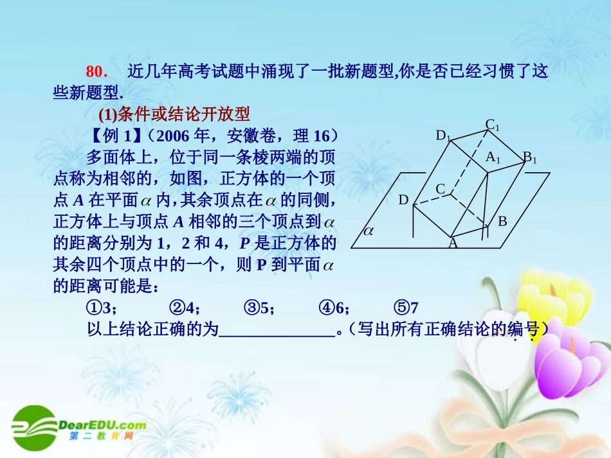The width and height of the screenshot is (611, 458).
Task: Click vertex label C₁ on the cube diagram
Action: pyautogui.click(x=493, y=125)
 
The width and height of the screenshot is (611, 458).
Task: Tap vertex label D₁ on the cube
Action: pyautogui.click(x=444, y=136)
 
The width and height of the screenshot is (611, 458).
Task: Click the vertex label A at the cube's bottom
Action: pyautogui.click(x=453, y=243)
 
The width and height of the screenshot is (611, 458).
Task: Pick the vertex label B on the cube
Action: pyautogui.click(x=502, y=222)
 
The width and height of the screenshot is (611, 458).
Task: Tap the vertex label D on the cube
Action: pyautogui.click(x=403, y=200)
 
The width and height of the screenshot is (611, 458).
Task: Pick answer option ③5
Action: pyautogui.click(x=259, y=308)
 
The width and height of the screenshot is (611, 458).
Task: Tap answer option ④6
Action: pyautogui.click(x=334, y=308)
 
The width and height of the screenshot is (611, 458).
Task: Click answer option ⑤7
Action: pyautogui.click(x=406, y=308)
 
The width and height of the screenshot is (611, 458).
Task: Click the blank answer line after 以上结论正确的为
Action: pyautogui.click(x=277, y=331)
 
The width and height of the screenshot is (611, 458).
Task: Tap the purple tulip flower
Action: pyautogui.click(x=566, y=360)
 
